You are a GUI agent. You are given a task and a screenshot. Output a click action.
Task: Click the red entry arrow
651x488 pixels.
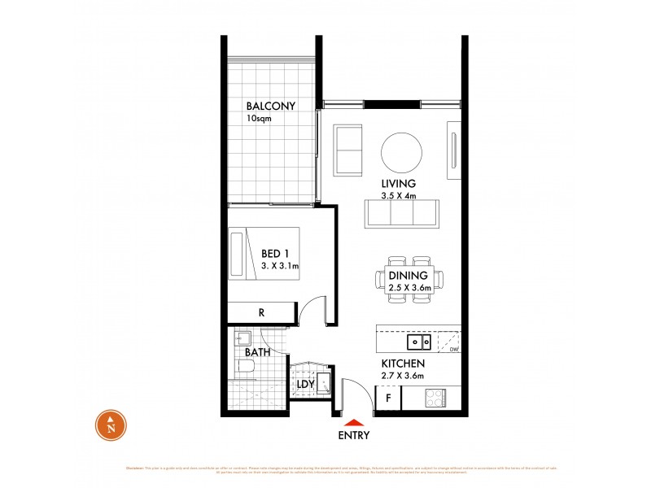352,422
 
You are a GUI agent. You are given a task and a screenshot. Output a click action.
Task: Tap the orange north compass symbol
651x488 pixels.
111,425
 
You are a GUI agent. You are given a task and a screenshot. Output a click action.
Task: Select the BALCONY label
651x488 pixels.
272,106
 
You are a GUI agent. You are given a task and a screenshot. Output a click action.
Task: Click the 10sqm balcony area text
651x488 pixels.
260,119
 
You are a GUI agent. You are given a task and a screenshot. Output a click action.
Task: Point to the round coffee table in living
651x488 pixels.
402,150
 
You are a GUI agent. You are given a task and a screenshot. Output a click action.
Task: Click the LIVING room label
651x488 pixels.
399,183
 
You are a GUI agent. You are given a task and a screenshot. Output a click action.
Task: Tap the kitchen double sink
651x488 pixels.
420,342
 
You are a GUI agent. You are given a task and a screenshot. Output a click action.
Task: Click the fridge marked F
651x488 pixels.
389,399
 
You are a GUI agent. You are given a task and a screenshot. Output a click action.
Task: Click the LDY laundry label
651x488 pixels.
305,385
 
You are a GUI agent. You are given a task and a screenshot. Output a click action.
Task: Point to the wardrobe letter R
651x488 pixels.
261,312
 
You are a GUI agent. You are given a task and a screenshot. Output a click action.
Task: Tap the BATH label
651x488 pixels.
257,354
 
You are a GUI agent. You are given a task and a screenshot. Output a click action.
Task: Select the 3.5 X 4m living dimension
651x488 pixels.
399,195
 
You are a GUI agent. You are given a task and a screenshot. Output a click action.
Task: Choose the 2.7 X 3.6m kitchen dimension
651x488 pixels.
404,375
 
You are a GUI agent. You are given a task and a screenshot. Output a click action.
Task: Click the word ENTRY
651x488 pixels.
353,435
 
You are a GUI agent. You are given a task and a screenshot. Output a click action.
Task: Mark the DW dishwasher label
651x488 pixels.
453,350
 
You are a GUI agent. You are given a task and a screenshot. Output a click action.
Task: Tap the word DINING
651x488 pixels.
409,276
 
